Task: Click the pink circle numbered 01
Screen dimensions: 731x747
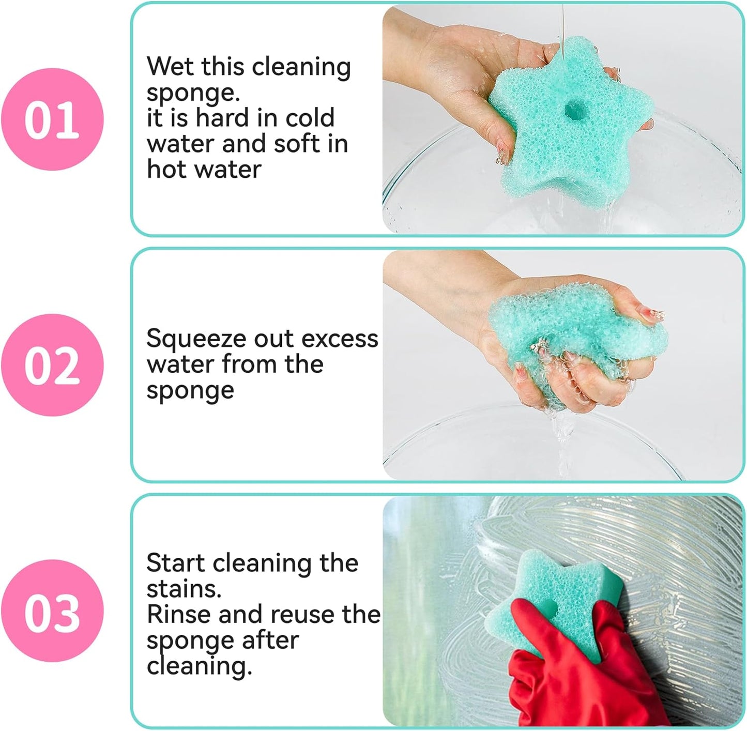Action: pos(52,119)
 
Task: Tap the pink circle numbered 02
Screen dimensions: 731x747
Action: pos(52,365)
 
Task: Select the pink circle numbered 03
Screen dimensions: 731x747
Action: pos(52,611)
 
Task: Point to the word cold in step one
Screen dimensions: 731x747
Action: pos(310,118)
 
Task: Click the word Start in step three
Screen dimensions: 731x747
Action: pos(176,563)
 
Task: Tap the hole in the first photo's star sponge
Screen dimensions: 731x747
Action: pos(573,109)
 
